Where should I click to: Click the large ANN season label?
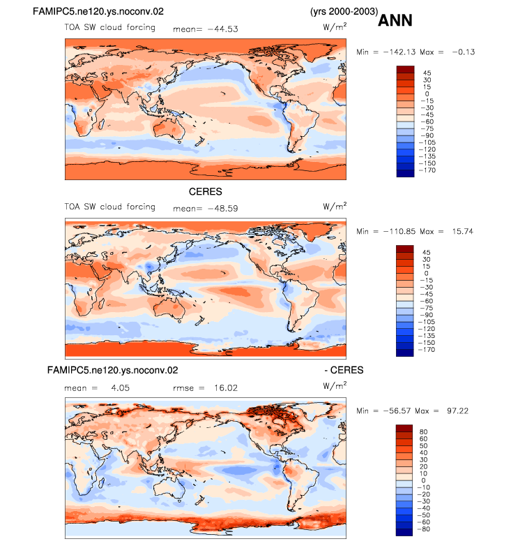pyautogui.click(x=395, y=20)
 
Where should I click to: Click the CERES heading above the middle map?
pyautogui.click(x=206, y=191)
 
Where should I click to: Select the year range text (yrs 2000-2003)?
pyautogui.click(x=344, y=11)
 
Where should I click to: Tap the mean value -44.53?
pyautogui.click(x=223, y=29)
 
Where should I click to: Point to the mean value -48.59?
pyautogui.click(x=223, y=209)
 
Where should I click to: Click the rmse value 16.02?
pyautogui.click(x=226, y=388)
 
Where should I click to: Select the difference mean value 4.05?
pyautogui.click(x=121, y=388)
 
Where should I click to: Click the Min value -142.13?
pyautogui.click(x=399, y=52)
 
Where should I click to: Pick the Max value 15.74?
pyautogui.click(x=463, y=231)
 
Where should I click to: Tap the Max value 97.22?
pyautogui.click(x=458, y=411)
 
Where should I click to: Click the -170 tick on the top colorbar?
pyautogui.click(x=427, y=170)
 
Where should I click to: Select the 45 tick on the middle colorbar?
pyautogui.click(x=426, y=253)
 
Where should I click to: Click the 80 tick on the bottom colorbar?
pyautogui.click(x=423, y=431)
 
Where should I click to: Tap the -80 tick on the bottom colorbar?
pyautogui.click(x=424, y=529)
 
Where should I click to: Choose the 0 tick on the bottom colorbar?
pyautogui.click(x=423, y=480)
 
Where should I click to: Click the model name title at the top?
pyautogui.click(x=98, y=11)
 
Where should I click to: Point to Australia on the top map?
pyautogui.click(x=168, y=129)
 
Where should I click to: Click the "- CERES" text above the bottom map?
pyautogui.click(x=344, y=370)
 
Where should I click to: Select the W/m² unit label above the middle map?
pyautogui.click(x=335, y=206)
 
